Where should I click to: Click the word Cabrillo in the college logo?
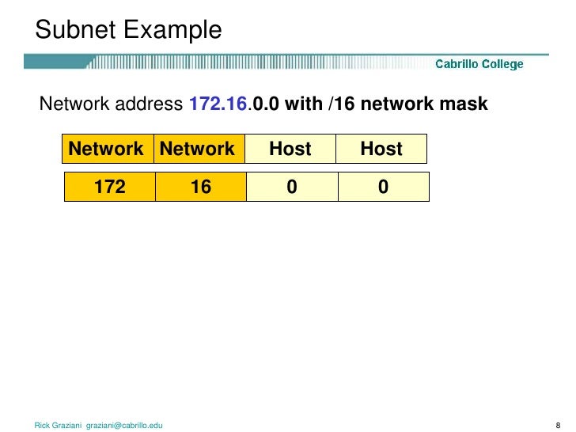[x=457, y=64]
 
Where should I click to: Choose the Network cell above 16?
[x=199, y=149]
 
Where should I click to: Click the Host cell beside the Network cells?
[x=290, y=149]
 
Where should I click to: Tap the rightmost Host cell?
[x=381, y=149]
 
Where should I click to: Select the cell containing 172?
[x=110, y=188]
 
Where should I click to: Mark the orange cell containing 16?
[x=200, y=188]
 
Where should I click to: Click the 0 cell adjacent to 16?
[x=291, y=188]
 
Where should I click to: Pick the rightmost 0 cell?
[x=383, y=188]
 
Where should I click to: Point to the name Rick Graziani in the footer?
[x=58, y=426]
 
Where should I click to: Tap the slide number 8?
[x=558, y=426]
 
